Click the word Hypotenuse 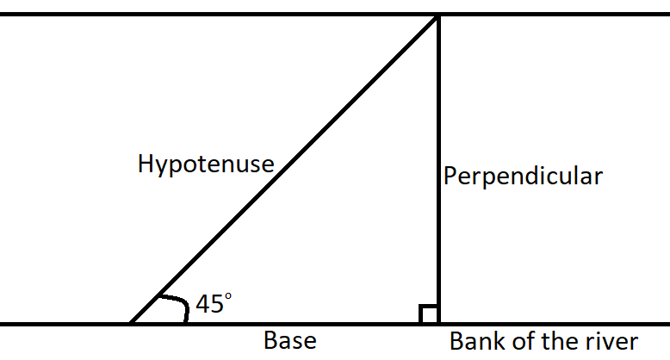(205, 164)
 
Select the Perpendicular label (523, 177)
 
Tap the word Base (289, 341)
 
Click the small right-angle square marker (429, 314)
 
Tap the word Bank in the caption (475, 341)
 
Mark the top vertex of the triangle (438, 16)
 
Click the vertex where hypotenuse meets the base (130, 324)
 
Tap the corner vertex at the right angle (438, 324)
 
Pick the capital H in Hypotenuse (146, 164)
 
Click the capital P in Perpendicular (451, 176)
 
